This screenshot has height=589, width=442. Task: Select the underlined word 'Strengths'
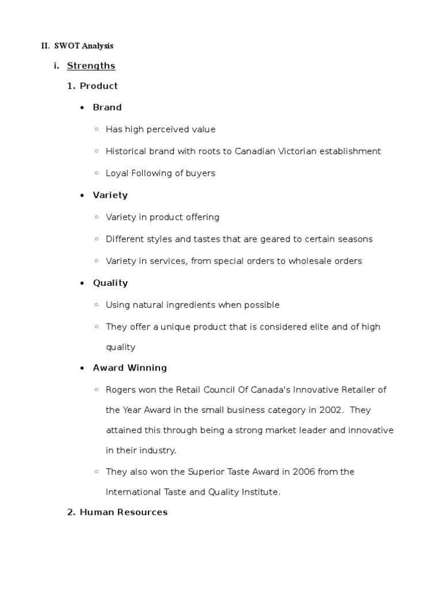tap(91, 66)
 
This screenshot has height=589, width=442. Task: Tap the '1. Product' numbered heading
tap(93, 86)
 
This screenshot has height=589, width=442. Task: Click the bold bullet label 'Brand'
tap(107, 108)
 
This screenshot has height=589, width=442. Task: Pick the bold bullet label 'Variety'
tap(110, 196)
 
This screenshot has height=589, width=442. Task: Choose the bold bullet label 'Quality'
tap(110, 283)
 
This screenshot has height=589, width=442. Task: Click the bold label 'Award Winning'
tap(129, 368)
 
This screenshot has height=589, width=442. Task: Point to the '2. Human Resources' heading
tap(117, 512)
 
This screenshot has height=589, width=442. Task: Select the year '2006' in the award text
tap(303, 472)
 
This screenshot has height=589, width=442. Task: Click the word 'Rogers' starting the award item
tap(120, 389)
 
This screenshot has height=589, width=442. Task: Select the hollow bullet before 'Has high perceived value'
tap(97, 129)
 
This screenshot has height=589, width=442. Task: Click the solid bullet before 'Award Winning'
tap(83, 368)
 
